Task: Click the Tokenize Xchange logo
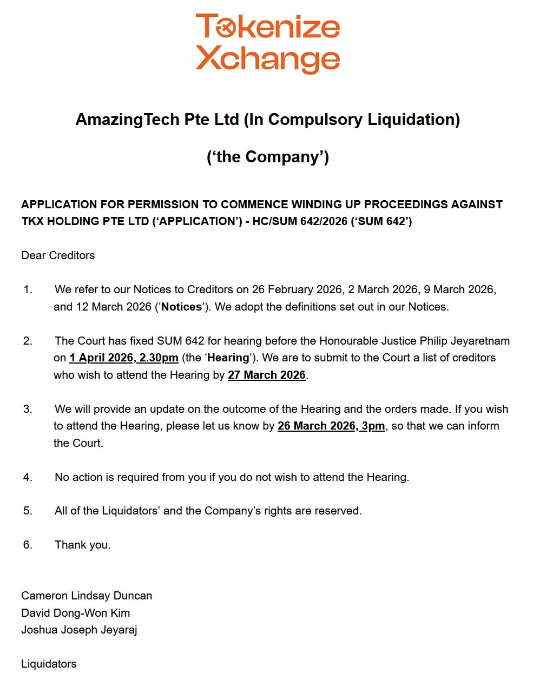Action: [x=267, y=43]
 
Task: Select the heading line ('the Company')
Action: [x=267, y=157]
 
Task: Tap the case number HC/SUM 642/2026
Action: [x=300, y=221]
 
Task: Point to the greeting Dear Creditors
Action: [x=58, y=255]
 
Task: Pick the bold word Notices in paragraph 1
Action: [x=181, y=307]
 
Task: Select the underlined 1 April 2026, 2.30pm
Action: [x=123, y=358]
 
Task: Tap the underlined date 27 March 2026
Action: [x=267, y=375]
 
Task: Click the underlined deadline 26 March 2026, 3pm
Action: [x=331, y=426]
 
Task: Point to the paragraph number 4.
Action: [x=28, y=477]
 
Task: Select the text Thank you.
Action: [x=82, y=545]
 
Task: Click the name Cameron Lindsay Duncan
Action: [x=87, y=596]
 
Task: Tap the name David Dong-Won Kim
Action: [x=76, y=613]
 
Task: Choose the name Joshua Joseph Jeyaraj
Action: [x=79, y=630]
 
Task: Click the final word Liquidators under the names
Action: [x=49, y=664]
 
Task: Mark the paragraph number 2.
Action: [x=28, y=341]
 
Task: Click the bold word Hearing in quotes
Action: [x=228, y=358]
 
